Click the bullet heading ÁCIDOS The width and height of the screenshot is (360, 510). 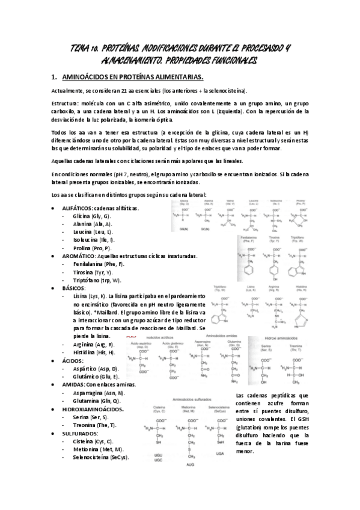(72, 360)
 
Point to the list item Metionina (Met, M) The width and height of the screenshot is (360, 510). (97, 449)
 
